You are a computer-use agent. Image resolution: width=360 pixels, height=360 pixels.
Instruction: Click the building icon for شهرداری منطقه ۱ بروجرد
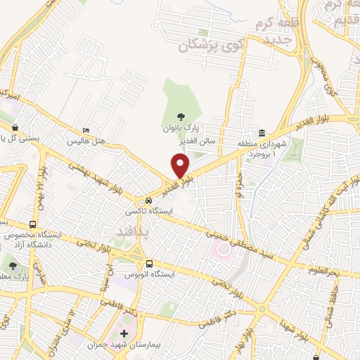pos(262,134)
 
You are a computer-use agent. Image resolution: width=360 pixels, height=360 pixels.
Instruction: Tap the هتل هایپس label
pos(86,141)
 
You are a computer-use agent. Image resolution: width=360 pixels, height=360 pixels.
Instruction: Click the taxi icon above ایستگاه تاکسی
pos(148,200)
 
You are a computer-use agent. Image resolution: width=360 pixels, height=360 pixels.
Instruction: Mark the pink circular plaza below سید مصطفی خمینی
pos(224,248)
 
